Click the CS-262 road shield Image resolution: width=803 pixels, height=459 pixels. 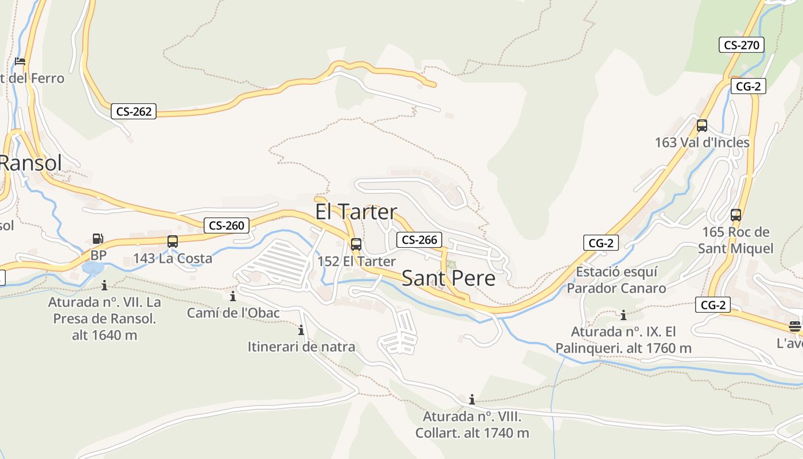[134, 111]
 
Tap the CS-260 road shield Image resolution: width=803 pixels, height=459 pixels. [227, 225]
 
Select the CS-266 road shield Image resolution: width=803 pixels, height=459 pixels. [420, 239]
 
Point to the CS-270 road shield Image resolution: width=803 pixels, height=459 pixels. [742, 45]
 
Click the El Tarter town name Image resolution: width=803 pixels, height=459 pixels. [356, 212]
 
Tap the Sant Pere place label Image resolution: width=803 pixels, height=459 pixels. [448, 278]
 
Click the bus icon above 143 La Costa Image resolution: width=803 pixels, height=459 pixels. [173, 242]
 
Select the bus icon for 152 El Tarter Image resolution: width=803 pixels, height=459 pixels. [356, 244]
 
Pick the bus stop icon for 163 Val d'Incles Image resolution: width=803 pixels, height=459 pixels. [701, 126]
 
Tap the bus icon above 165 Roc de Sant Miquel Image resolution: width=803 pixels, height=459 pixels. [735, 215]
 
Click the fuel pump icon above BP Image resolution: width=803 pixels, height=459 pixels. [98, 238]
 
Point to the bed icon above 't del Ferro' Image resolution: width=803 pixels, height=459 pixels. [20, 61]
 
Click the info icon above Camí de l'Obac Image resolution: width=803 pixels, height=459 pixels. [233, 296]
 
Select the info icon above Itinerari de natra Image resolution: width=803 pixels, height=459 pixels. [301, 330]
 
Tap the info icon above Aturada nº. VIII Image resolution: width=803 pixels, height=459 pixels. [472, 399]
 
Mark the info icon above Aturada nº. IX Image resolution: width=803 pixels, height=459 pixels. [623, 315]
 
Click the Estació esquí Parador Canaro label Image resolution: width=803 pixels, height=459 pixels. [617, 279]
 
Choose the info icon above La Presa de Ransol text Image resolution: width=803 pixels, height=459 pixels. [104, 285]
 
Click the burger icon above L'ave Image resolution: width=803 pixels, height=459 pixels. [794, 326]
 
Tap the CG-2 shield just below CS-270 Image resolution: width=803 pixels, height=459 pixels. [749, 86]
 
